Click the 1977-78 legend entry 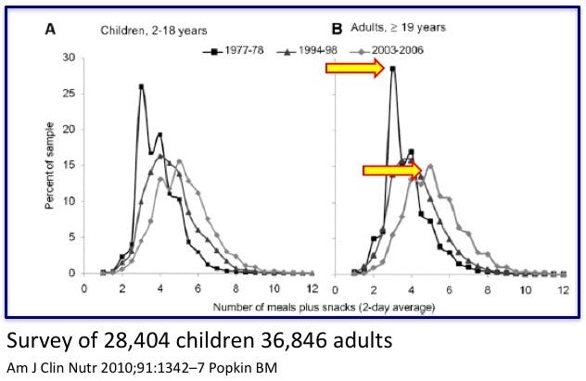(x=237, y=49)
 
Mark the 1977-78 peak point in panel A (x=141, y=86)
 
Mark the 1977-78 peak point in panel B (x=393, y=68)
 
